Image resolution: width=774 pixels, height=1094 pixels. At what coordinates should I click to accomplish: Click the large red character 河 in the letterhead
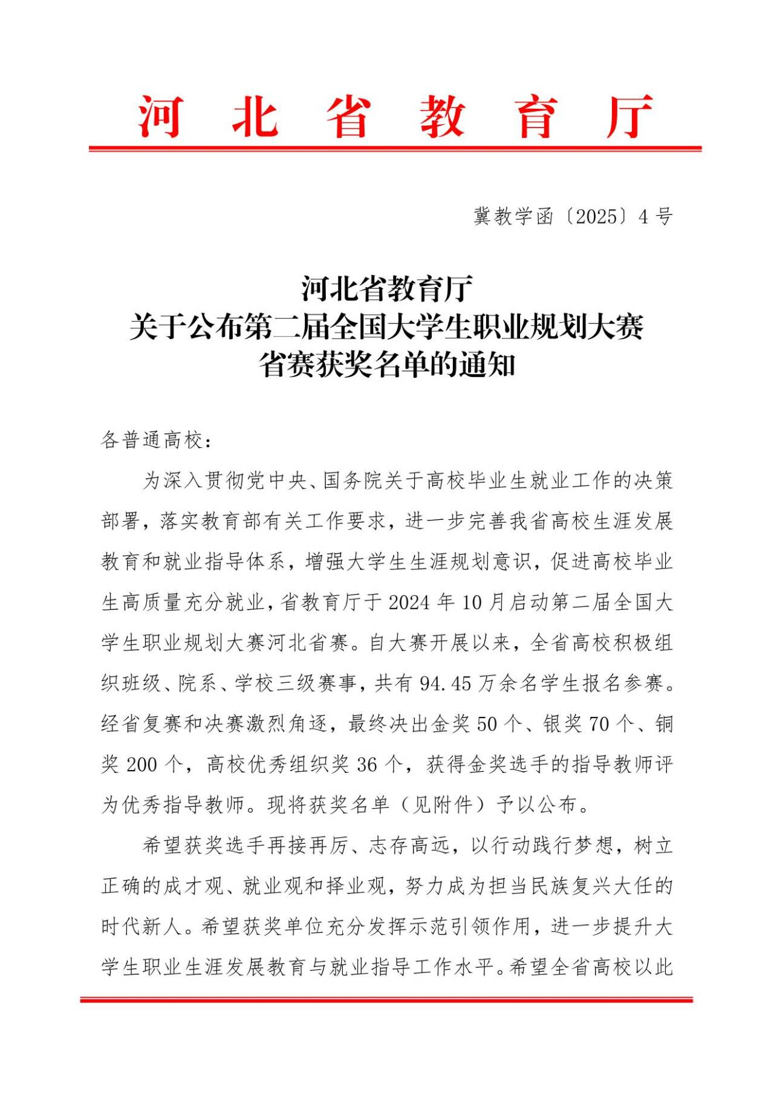coord(160,116)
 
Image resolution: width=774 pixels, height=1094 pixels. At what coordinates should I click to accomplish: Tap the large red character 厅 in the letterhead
coord(629,116)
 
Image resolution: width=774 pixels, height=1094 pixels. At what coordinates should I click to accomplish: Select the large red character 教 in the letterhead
coord(442,116)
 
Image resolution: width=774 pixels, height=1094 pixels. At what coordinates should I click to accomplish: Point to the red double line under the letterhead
coord(395,148)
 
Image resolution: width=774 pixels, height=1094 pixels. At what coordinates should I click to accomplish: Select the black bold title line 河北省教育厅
coord(387,288)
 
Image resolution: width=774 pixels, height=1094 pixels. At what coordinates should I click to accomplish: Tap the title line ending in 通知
coord(387,364)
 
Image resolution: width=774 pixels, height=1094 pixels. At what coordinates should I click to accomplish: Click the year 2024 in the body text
coord(409,603)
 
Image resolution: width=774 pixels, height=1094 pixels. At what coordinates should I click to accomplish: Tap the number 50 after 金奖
coord(487,724)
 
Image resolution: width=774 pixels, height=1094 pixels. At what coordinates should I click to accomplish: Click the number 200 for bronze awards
coord(141,765)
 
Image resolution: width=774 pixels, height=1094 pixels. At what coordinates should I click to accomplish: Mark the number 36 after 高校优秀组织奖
coord(367,765)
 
